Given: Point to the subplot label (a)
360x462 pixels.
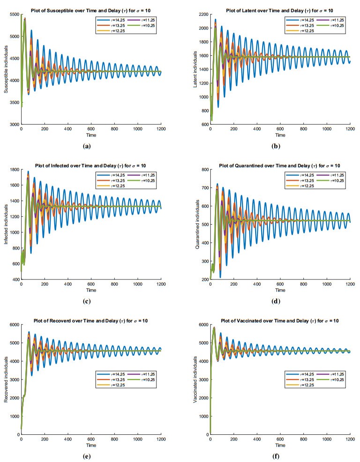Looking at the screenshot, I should pos(87,146).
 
